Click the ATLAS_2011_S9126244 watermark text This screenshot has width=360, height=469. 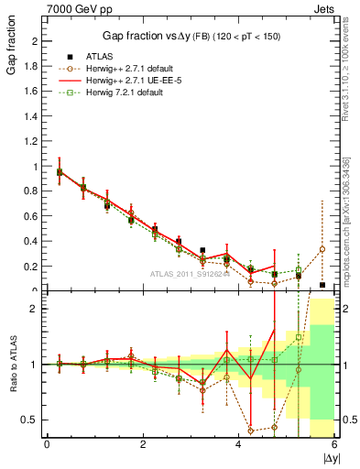[191, 273]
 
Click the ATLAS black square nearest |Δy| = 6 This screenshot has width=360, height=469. [322, 285]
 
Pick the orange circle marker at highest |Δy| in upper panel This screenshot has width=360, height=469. [322, 249]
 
